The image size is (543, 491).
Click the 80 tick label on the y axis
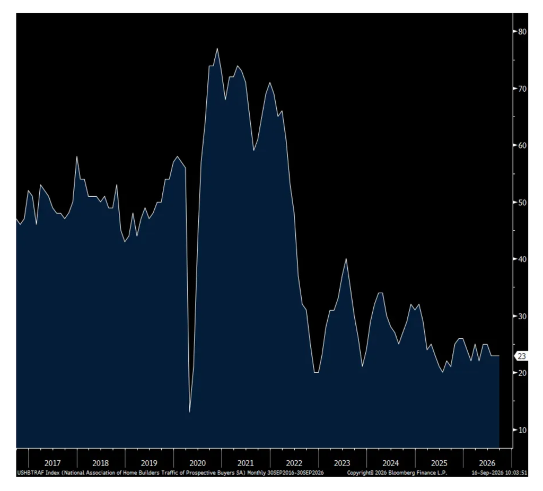point(522,31)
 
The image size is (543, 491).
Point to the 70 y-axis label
point(522,89)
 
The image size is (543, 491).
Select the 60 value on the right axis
point(522,145)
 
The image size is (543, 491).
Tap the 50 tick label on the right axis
point(522,203)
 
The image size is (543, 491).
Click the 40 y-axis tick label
point(522,259)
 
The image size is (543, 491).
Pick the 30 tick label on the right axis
point(522,316)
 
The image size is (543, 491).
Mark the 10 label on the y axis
point(522,430)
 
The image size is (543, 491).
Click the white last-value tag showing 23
point(521,356)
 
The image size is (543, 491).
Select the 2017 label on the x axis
point(52,463)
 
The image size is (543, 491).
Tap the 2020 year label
point(197,463)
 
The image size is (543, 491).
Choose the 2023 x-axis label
point(342,463)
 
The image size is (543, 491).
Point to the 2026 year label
point(487,463)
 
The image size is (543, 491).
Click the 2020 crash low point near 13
point(189,411)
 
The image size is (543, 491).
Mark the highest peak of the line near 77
point(217,49)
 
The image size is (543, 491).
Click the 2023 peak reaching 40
point(346,259)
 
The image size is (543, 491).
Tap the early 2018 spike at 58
point(77,157)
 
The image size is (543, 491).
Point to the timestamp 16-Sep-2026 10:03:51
point(500,472)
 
